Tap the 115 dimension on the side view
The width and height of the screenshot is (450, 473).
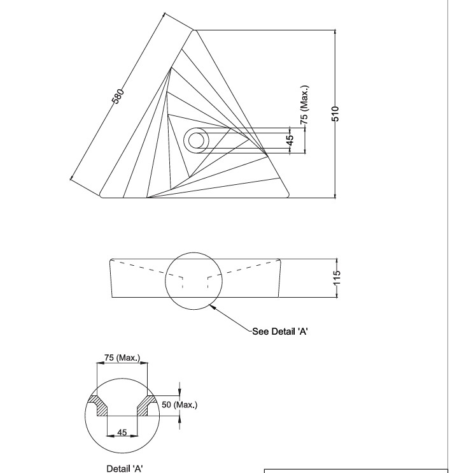338,278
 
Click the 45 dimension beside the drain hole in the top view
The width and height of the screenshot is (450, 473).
290,141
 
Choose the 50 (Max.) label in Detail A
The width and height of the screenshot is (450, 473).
180,405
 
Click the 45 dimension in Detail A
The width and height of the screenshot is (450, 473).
123,432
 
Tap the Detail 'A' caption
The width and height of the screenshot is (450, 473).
124,469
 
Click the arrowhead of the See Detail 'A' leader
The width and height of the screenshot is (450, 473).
213,306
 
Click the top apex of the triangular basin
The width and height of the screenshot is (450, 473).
195,30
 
